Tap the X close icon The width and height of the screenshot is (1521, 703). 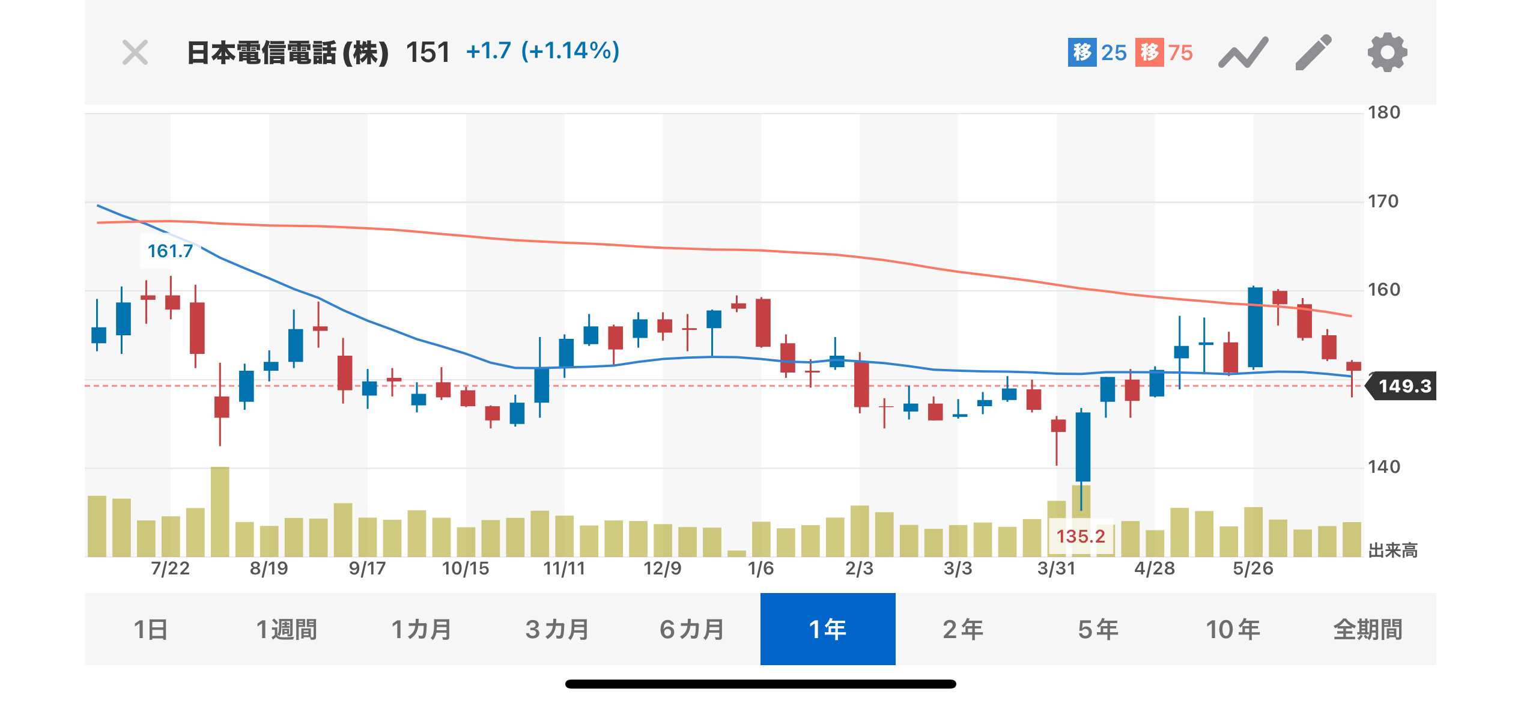pyautogui.click(x=135, y=53)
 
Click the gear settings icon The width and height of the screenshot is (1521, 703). pyautogui.click(x=1387, y=53)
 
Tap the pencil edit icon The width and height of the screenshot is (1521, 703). pyautogui.click(x=1313, y=53)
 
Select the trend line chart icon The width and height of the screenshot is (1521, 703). pyautogui.click(x=1243, y=53)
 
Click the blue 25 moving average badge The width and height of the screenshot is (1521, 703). pyautogui.click(x=1097, y=53)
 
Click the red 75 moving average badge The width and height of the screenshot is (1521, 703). pyautogui.click(x=1164, y=53)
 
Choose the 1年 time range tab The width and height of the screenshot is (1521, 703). pyautogui.click(x=828, y=629)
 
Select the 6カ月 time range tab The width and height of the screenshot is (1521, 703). pyautogui.click(x=692, y=629)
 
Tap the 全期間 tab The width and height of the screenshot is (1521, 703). pyautogui.click(x=1368, y=629)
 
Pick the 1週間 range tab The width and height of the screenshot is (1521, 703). pyautogui.click(x=287, y=629)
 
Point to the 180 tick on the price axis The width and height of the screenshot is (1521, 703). pyautogui.click(x=1384, y=112)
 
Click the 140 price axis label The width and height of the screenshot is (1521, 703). pyautogui.click(x=1384, y=467)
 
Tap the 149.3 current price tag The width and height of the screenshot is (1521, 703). pyautogui.click(x=1404, y=386)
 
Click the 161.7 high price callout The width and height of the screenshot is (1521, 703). pyautogui.click(x=170, y=251)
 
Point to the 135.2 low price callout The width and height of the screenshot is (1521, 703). pyautogui.click(x=1081, y=536)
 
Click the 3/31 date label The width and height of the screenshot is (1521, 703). pyautogui.click(x=1057, y=568)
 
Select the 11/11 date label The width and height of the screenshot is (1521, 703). pyautogui.click(x=564, y=568)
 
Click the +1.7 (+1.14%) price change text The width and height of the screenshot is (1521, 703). pyautogui.click(x=542, y=51)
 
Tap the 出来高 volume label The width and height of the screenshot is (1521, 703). pyautogui.click(x=1392, y=550)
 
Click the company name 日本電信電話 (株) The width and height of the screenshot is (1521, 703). pyautogui.click(x=288, y=53)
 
